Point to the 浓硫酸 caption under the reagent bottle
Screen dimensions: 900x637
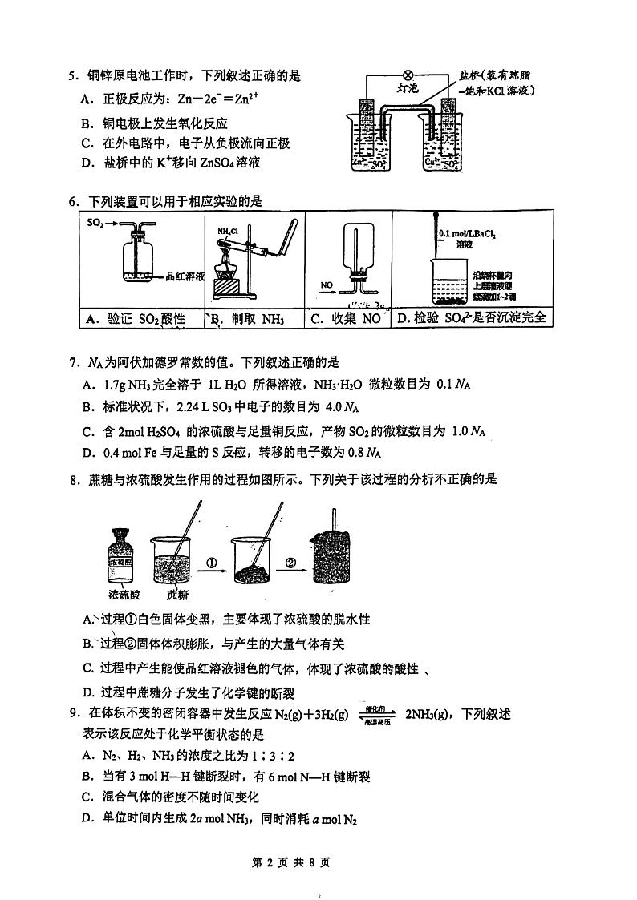tap(124, 595)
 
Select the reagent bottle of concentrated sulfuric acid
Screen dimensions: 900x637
tap(123, 555)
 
